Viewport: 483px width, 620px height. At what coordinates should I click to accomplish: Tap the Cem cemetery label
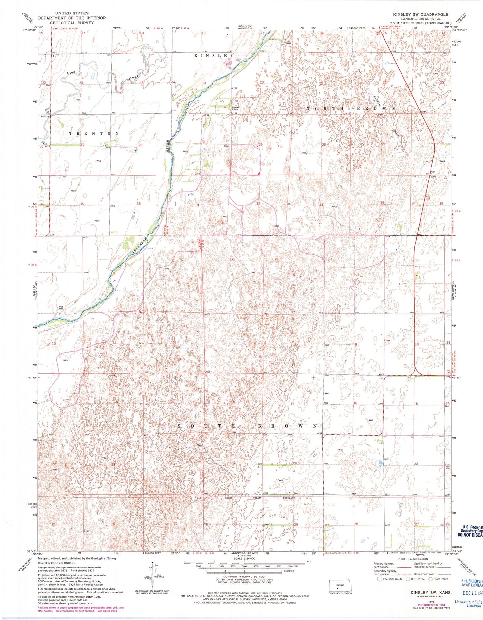click(x=226, y=146)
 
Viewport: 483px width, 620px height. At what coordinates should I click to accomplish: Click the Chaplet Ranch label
click(x=235, y=108)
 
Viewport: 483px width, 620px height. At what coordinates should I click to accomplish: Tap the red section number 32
click(x=258, y=204)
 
